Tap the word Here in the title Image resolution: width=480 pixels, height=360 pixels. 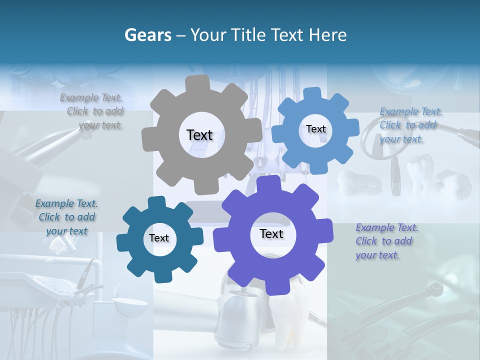[328, 35]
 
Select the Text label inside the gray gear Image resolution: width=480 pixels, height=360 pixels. [199, 135]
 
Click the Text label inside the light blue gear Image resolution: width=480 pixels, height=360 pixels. [315, 129]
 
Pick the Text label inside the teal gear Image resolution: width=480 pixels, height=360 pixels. [159, 238]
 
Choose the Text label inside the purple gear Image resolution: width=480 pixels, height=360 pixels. [271, 233]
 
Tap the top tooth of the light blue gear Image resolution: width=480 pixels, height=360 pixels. [312, 93]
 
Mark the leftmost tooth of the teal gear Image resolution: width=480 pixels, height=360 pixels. [123, 241]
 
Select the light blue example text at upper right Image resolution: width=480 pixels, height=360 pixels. [410, 125]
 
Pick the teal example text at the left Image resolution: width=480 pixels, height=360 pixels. [66, 217]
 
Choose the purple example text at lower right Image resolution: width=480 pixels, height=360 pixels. [386, 241]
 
